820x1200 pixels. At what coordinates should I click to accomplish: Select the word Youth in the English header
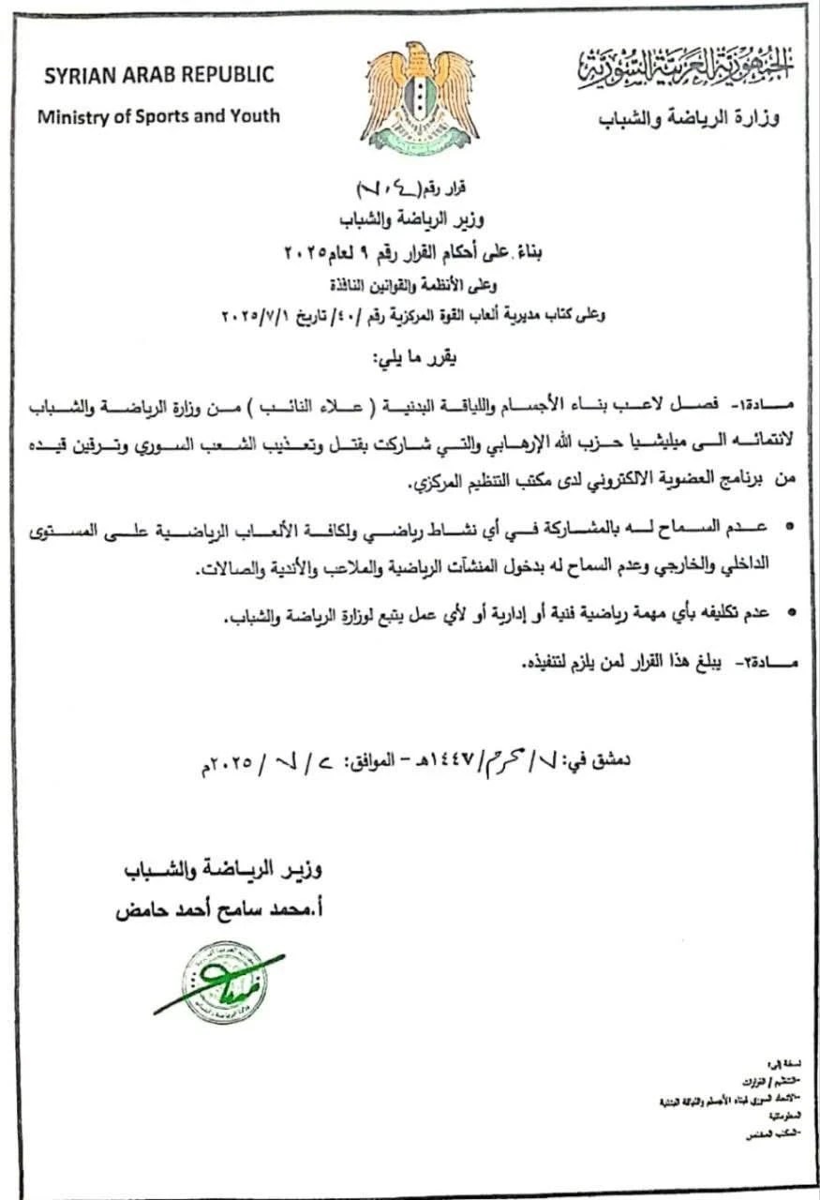click(x=255, y=116)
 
